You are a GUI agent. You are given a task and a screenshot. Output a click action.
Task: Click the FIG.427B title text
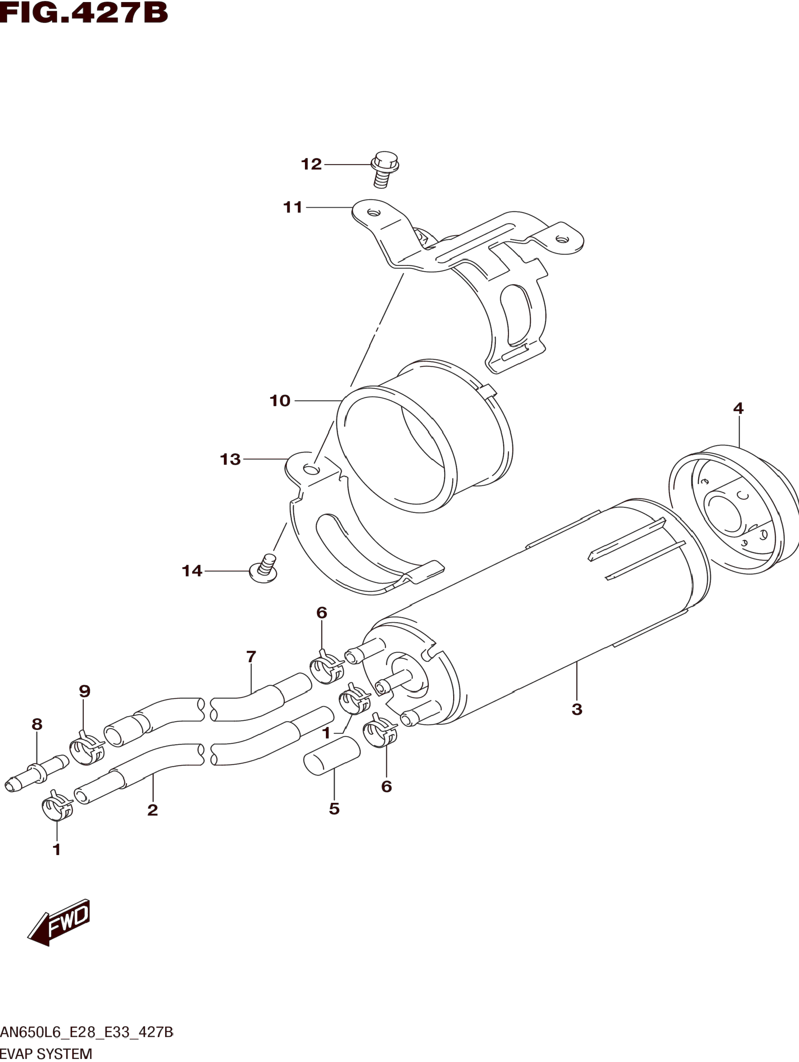coord(84,13)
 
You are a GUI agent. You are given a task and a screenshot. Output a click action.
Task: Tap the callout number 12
coord(311,164)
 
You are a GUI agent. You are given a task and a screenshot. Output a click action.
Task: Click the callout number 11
coord(293,208)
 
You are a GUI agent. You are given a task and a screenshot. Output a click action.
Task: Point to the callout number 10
coord(280,400)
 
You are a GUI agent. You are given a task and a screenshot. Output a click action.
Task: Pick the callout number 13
coord(230,459)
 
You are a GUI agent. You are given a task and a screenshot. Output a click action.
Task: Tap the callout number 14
coord(192,571)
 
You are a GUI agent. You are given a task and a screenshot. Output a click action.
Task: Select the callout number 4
coord(738,408)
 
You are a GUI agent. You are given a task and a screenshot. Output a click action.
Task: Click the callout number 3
coord(577,709)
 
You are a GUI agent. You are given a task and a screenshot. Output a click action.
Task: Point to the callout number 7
coord(251,656)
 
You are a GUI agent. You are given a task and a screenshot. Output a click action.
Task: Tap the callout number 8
coord(37,724)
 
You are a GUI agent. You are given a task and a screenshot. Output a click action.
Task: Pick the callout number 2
coord(152,810)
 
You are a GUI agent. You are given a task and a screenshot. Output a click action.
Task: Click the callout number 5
coord(334,809)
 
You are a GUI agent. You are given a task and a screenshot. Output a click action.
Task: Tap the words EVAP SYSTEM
coord(46,1054)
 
